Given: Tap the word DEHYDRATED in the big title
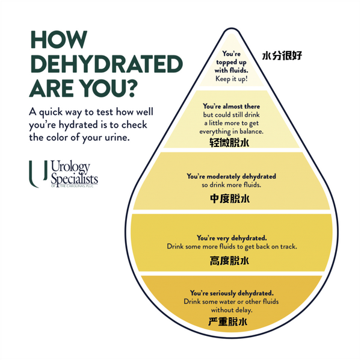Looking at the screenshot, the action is pos(106,64).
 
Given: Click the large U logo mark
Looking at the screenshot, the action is pos(34,174).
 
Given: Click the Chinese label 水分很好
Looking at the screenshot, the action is pos(282,56).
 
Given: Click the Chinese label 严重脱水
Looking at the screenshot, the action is pos(229,322).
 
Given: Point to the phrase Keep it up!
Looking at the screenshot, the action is pos(232,78).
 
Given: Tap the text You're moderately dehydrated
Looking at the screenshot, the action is pos(231,176).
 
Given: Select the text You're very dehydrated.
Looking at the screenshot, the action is pos(231,238).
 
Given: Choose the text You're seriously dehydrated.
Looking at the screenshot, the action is pos(231,293).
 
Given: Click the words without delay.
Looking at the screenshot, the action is pos(231,310).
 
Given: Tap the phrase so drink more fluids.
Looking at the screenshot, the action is pos(231,185).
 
